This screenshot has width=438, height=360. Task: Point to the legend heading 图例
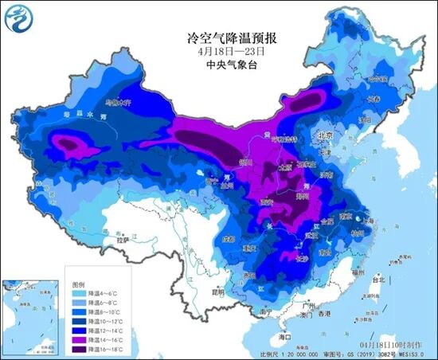pos(77,284)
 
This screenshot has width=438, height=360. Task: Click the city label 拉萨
pos(122,238)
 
